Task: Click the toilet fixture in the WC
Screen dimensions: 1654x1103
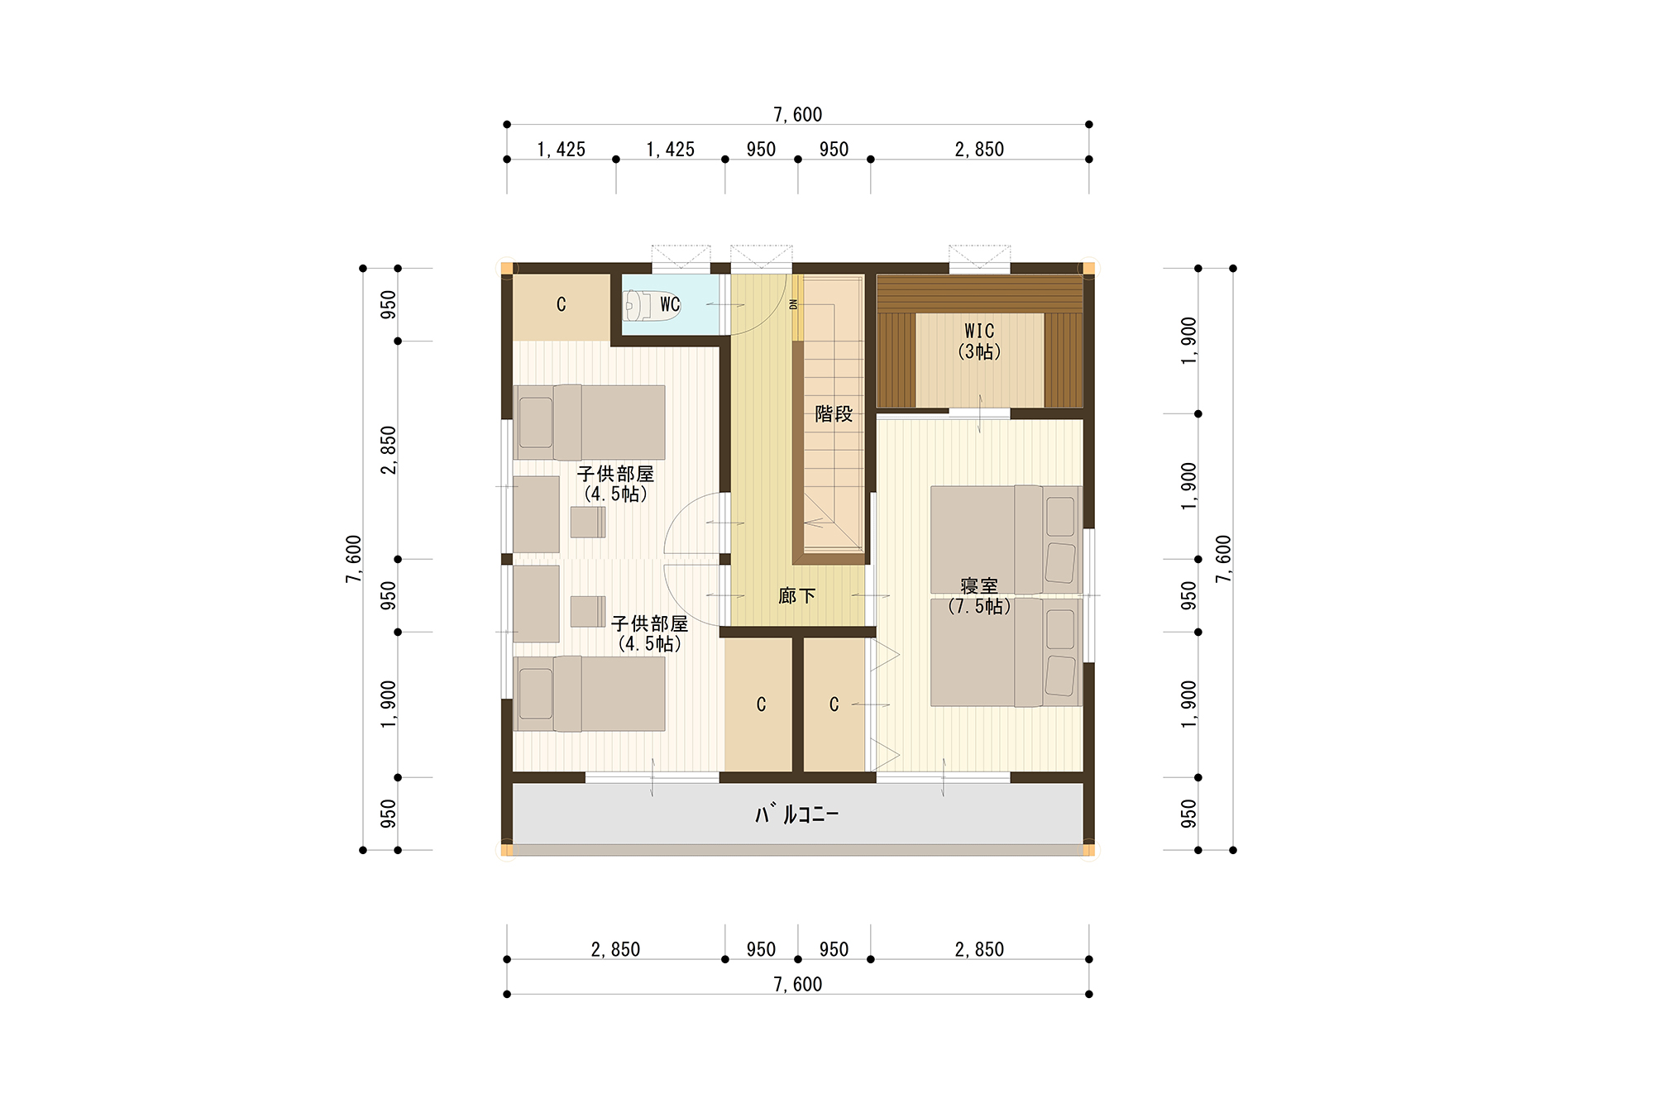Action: click(x=652, y=305)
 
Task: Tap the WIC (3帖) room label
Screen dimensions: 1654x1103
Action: click(x=979, y=341)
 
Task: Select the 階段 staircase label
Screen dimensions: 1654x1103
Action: click(x=834, y=413)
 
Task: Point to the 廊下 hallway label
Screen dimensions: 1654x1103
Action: click(x=797, y=595)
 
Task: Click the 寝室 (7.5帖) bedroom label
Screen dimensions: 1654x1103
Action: click(x=979, y=596)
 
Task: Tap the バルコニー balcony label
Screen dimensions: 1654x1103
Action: click(x=797, y=814)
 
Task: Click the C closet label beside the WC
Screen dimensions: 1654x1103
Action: click(x=562, y=304)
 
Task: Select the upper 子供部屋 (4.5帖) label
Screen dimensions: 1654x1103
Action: click(x=615, y=484)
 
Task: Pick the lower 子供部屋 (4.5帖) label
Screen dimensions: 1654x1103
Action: click(x=649, y=633)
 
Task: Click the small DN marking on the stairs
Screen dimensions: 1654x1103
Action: click(x=793, y=304)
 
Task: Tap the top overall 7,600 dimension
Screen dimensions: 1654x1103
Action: click(x=798, y=115)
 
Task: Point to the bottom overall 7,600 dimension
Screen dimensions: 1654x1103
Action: click(x=798, y=984)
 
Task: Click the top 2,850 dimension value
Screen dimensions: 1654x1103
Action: click(x=979, y=150)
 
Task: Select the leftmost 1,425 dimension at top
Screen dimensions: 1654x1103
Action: click(x=561, y=150)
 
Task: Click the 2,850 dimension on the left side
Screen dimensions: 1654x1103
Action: click(x=388, y=450)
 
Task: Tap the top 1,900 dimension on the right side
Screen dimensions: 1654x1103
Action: click(x=1188, y=341)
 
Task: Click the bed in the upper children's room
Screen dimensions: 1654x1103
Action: click(x=589, y=423)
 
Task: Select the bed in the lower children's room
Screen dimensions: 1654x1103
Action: click(x=589, y=694)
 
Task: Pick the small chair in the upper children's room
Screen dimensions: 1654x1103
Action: click(x=588, y=522)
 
